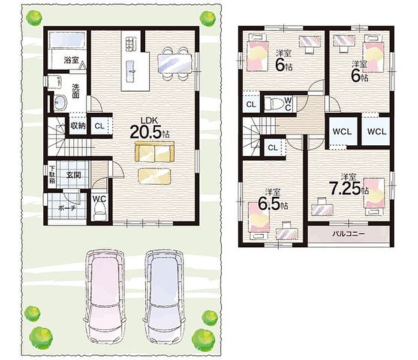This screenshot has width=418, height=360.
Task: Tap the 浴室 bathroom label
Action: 71,60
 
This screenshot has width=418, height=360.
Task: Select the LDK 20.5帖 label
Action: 149,128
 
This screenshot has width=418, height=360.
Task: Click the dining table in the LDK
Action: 175,63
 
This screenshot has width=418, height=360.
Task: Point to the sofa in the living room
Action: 155,151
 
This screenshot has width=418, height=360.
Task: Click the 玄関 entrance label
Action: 74,175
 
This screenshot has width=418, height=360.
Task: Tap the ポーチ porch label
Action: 67,208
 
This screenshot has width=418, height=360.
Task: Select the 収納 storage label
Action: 78,125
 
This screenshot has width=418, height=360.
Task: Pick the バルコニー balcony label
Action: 348,234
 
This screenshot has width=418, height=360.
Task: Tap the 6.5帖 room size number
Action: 272,204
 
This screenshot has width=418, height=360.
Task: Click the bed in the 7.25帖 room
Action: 375,197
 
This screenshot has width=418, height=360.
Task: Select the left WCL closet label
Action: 342,132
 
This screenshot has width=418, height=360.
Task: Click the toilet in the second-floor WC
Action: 273,103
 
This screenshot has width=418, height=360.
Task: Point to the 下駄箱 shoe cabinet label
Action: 52,175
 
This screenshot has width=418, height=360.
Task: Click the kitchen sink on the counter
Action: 131,71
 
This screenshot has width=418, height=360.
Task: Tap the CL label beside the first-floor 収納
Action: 100,126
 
